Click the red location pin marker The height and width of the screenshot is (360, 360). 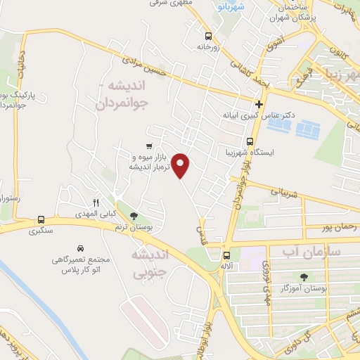pyautogui.click(x=181, y=165)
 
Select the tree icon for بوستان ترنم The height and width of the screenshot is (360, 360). pyautogui.click(x=134, y=216)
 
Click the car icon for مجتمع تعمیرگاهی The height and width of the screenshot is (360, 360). pyautogui.click(x=82, y=249)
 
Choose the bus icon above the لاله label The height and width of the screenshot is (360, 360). pyautogui.click(x=226, y=256)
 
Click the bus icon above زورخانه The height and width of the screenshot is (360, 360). pyautogui.click(x=208, y=35)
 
